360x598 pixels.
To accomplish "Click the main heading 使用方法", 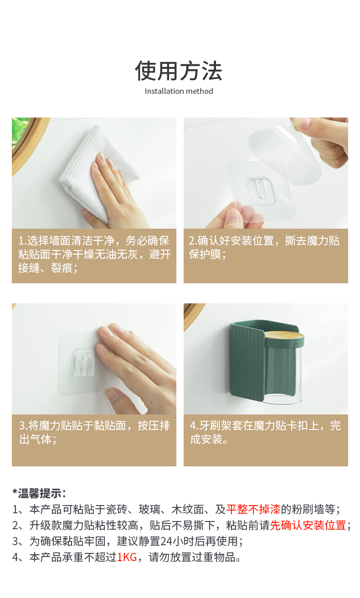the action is tap(178, 71).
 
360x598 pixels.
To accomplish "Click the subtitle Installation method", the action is tap(179, 91).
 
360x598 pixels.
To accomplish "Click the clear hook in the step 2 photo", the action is tap(260, 191).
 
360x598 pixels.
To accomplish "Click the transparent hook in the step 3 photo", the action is tap(83, 362).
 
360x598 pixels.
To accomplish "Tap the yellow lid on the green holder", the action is tap(284, 335).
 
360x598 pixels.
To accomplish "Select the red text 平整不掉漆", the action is tap(253, 509).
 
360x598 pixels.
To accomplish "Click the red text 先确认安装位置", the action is tap(308, 525).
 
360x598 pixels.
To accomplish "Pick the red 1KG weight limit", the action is tap(127, 557).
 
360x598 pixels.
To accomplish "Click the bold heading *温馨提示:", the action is tap(39, 493).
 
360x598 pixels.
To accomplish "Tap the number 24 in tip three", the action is tap(166, 541).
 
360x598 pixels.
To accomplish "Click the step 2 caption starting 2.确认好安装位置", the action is tap(264, 247).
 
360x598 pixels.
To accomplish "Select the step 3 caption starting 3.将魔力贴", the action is tap(94, 432).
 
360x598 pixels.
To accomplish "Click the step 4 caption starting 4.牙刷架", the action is tap(265, 432).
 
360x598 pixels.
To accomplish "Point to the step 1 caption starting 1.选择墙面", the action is tap(94, 254).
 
